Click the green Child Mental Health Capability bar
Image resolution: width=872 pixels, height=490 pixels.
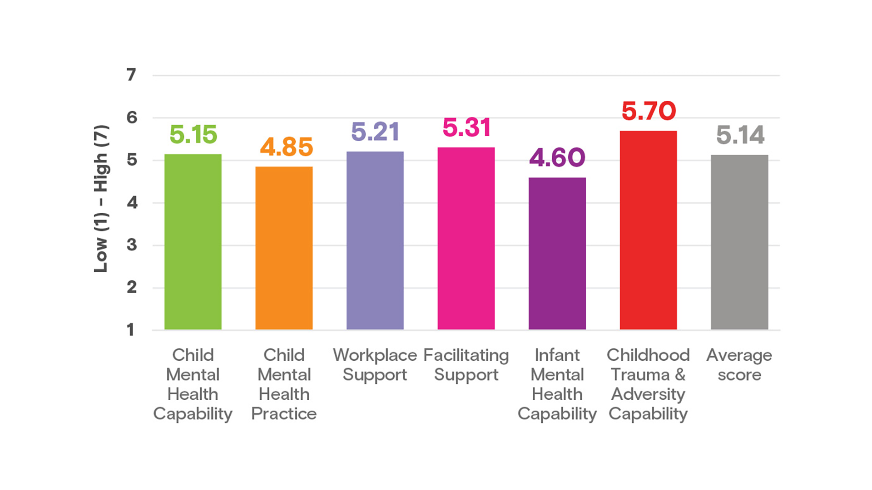(193, 242)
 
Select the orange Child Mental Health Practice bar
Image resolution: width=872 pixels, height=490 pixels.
(284, 248)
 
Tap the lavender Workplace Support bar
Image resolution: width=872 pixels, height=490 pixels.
(375, 240)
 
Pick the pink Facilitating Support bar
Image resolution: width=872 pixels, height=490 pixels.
(466, 238)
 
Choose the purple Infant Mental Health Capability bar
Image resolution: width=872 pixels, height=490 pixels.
(557, 253)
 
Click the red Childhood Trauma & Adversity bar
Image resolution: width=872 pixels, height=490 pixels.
(648, 230)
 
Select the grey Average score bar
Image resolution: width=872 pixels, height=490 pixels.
(739, 242)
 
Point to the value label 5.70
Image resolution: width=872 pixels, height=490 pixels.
(649, 111)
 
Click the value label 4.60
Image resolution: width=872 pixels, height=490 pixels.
(557, 158)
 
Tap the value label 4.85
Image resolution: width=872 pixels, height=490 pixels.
(286, 147)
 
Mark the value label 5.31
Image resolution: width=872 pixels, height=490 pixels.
(466, 127)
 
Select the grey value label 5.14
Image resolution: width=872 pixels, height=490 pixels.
(740, 135)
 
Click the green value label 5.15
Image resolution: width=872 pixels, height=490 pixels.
(193, 135)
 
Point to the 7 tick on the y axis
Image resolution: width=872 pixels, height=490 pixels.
(131, 75)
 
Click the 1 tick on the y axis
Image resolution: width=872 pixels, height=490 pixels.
(131, 330)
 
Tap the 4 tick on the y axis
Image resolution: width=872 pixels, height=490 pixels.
(132, 202)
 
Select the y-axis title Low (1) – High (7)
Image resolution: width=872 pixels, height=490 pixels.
(101, 199)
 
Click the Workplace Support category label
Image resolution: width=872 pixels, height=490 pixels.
(375, 365)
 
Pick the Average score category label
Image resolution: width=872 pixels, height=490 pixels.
(739, 365)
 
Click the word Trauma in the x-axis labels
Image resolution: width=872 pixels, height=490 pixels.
(640, 375)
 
